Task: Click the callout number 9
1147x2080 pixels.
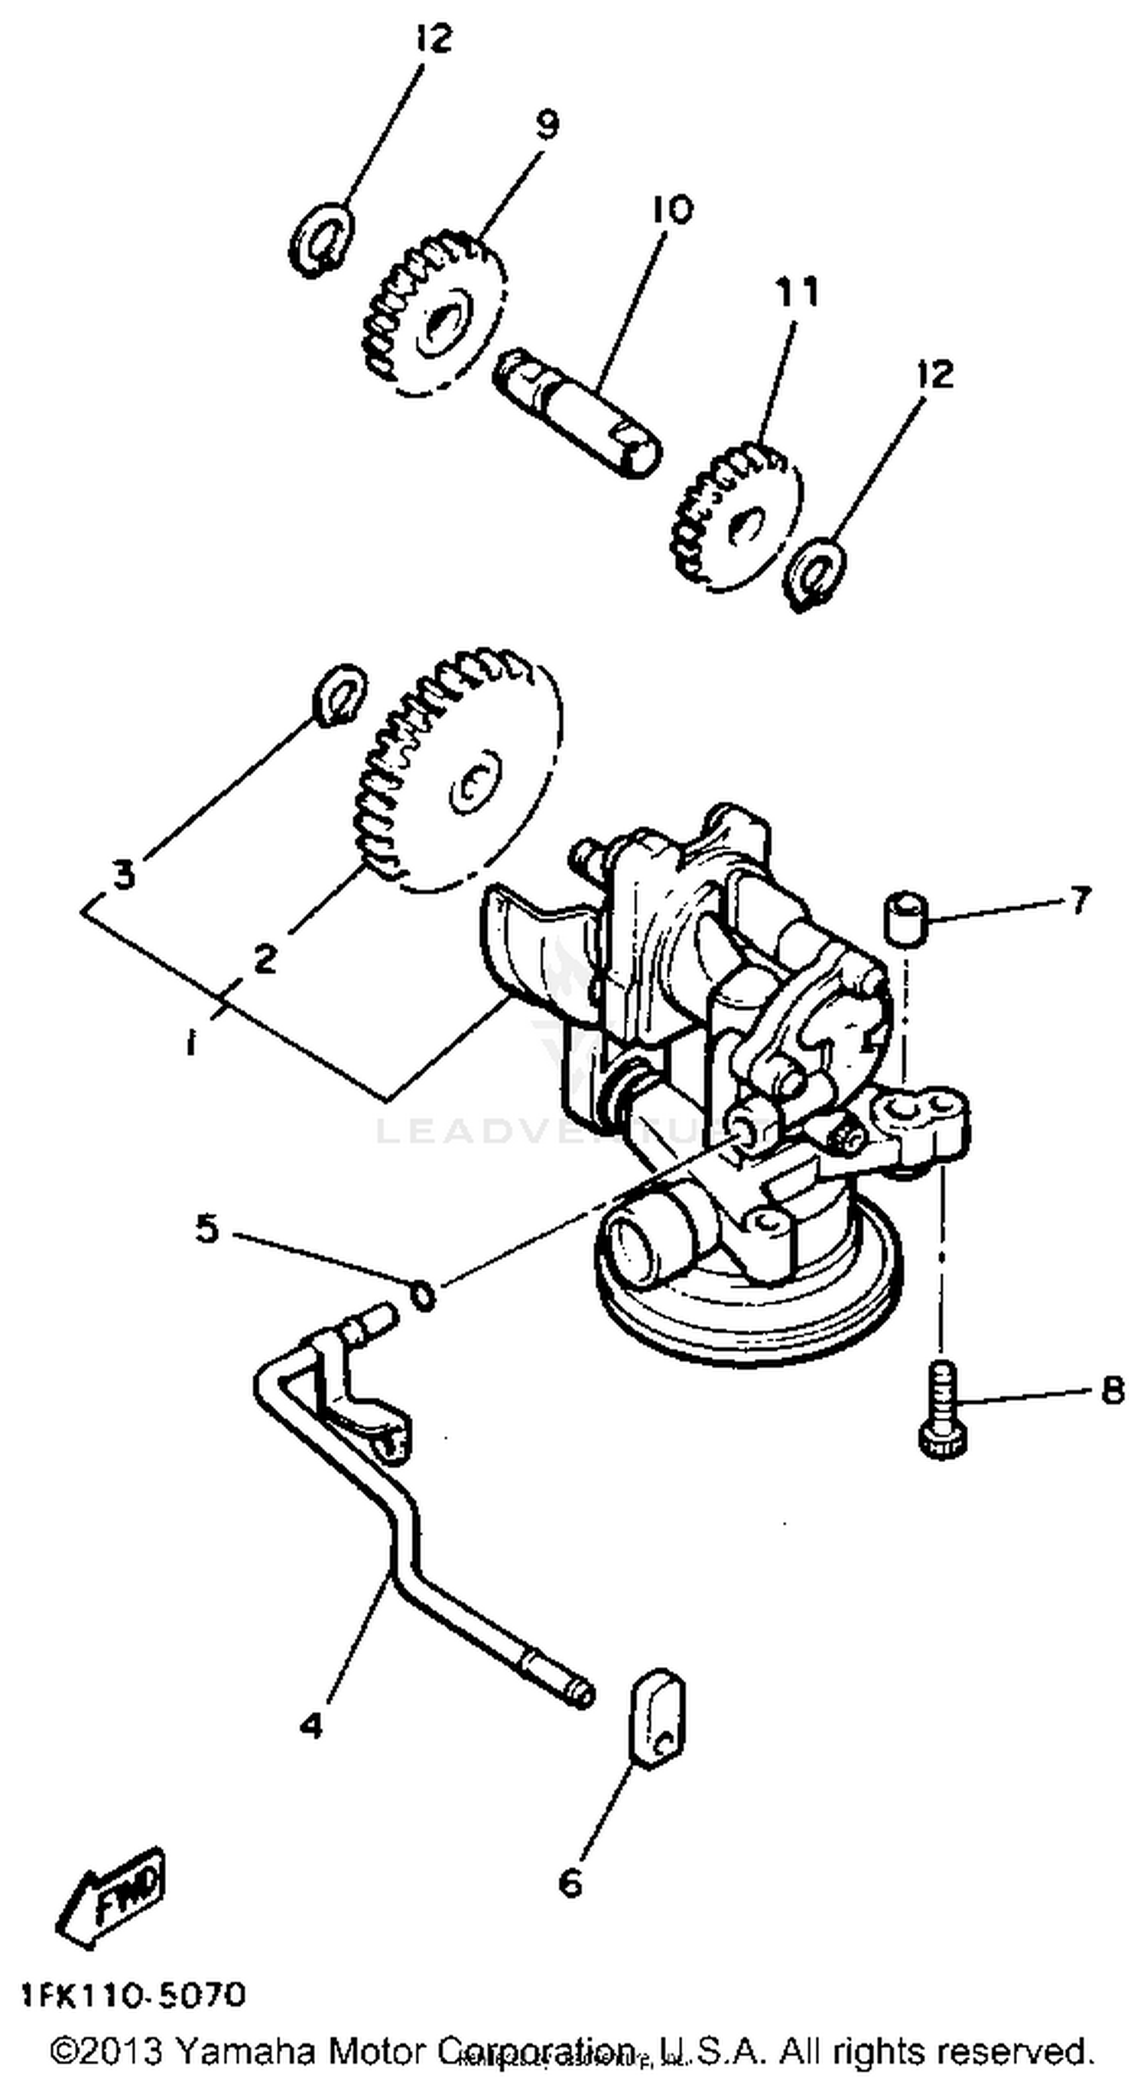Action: (547, 125)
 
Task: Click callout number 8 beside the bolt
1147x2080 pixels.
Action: (1113, 1390)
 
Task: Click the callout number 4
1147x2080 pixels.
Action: (310, 1725)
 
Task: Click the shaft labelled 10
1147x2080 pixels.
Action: (578, 414)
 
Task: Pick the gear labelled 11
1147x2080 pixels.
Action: (736, 515)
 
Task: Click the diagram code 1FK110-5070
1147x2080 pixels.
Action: (133, 1996)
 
